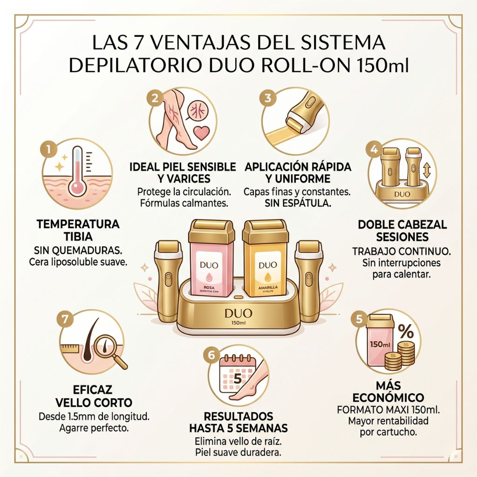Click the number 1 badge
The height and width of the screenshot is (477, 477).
coord(48,150)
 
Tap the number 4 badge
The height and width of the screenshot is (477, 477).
coord(374,150)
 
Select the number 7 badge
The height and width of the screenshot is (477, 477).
coord(65,319)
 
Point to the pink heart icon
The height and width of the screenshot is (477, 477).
coord(201,132)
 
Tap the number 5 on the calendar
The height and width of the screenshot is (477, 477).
coord(238,379)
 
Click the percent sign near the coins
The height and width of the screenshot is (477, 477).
coord(406,332)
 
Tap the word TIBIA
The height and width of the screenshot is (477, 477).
coord(78,236)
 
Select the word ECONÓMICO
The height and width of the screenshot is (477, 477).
coord(388,398)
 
